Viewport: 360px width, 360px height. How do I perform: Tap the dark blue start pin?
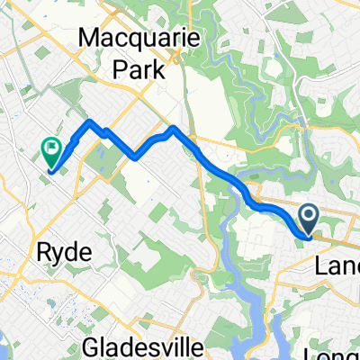(308, 217)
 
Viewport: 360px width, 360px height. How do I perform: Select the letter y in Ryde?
(57, 256)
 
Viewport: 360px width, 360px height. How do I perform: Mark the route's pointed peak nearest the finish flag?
(90, 121)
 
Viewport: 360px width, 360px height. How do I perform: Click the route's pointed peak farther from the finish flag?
(174, 129)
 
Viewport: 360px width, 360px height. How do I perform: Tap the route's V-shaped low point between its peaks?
(134, 157)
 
